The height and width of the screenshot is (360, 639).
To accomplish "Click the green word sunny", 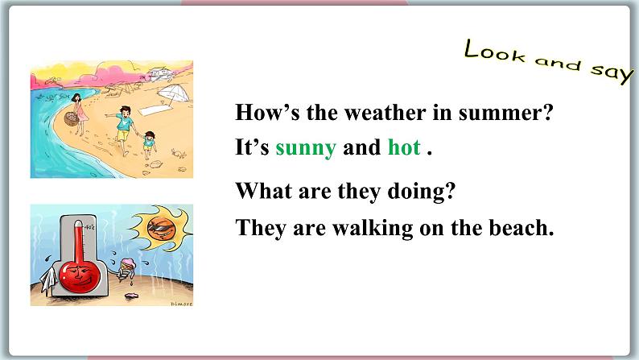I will click(305, 149).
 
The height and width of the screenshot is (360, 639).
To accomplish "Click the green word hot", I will click(404, 149).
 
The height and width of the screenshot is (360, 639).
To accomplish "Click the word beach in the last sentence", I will click(526, 228).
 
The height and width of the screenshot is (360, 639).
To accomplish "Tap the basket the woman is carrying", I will click(69, 121).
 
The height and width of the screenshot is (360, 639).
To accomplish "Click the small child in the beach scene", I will click(149, 144).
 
